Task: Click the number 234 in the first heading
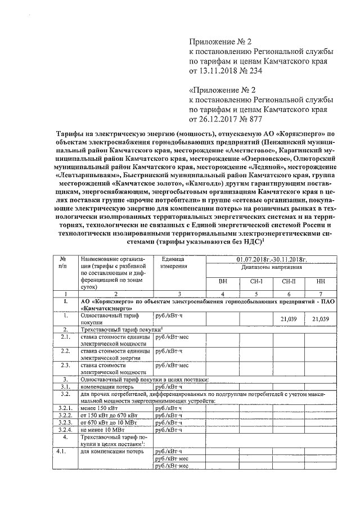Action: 254,71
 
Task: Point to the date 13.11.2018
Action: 211,71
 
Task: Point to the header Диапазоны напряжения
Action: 271,267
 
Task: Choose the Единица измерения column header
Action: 173,263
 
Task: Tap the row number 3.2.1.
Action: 66,408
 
